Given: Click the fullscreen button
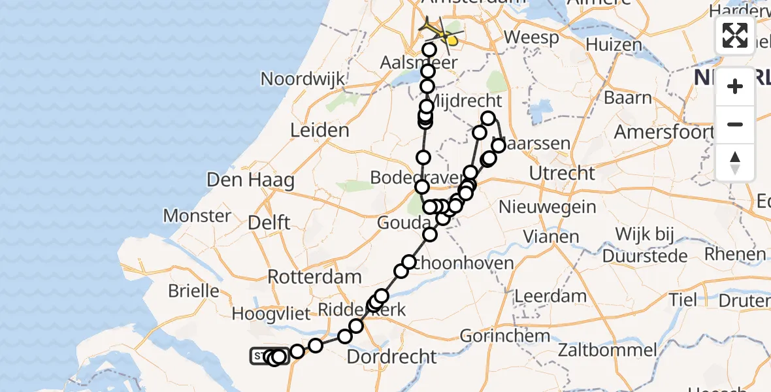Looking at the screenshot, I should coord(735,35).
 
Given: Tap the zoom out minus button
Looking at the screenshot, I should coord(735,124).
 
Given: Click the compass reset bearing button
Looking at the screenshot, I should coord(735,163).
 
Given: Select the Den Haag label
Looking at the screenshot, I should coord(250,180).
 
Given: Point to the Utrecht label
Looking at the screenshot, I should coord(563,174).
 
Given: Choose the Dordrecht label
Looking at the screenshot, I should coord(391,357).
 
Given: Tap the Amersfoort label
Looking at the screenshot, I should coord(661,131).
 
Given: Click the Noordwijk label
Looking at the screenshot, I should coord(303,79).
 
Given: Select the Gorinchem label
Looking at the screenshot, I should coord(505,336).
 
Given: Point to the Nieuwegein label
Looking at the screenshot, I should coord(548,207).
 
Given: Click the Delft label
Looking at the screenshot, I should coord(269,223).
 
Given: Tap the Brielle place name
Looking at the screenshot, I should coord(194,290).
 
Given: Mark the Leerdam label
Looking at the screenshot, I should coord(551,296).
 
